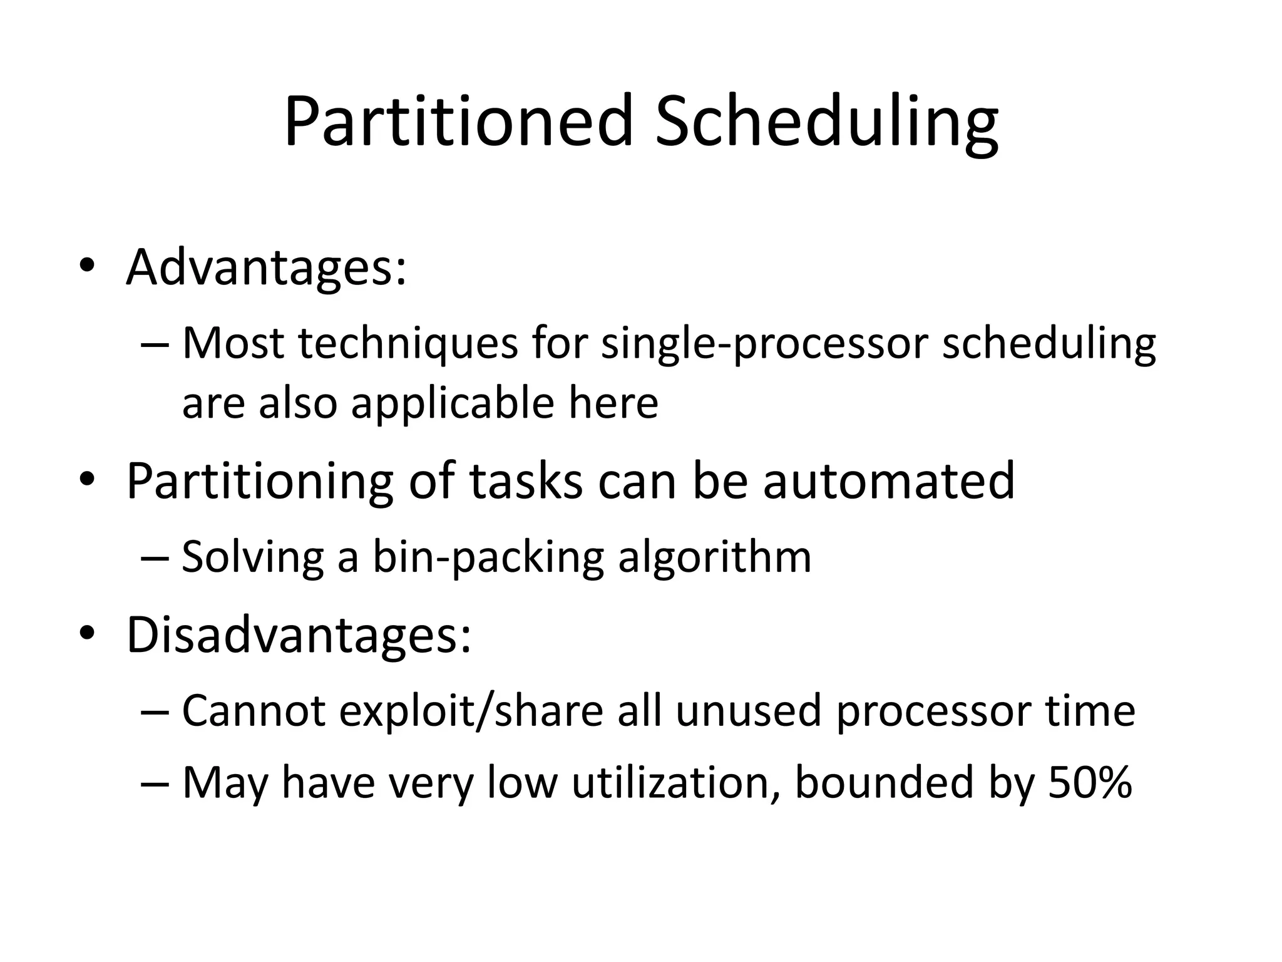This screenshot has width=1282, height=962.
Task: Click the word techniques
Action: (x=408, y=344)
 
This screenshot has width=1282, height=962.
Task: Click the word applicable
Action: (x=452, y=402)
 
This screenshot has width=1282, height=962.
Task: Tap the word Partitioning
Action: (x=259, y=480)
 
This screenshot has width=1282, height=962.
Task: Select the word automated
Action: (x=888, y=480)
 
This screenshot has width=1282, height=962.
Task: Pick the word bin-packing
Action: (x=488, y=557)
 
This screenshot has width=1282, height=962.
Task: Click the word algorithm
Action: (x=714, y=557)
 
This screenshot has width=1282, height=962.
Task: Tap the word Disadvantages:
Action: (x=299, y=634)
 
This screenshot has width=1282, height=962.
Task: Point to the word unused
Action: (x=748, y=711)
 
